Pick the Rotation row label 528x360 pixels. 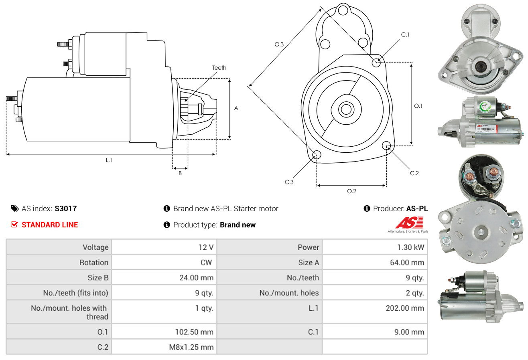point(93,263)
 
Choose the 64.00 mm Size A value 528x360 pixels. point(406,263)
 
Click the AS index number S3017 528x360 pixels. point(65,208)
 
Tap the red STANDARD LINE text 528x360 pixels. point(50,225)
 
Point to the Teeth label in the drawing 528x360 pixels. point(219,68)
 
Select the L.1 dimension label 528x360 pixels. point(109,160)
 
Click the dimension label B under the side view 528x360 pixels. point(180,173)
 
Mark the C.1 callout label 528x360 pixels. point(405,34)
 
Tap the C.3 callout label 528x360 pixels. point(289,182)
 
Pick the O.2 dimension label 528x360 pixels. point(351,191)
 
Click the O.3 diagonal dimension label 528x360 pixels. point(279,44)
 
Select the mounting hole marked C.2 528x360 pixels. point(386,145)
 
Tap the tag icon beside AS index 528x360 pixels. point(14,208)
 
